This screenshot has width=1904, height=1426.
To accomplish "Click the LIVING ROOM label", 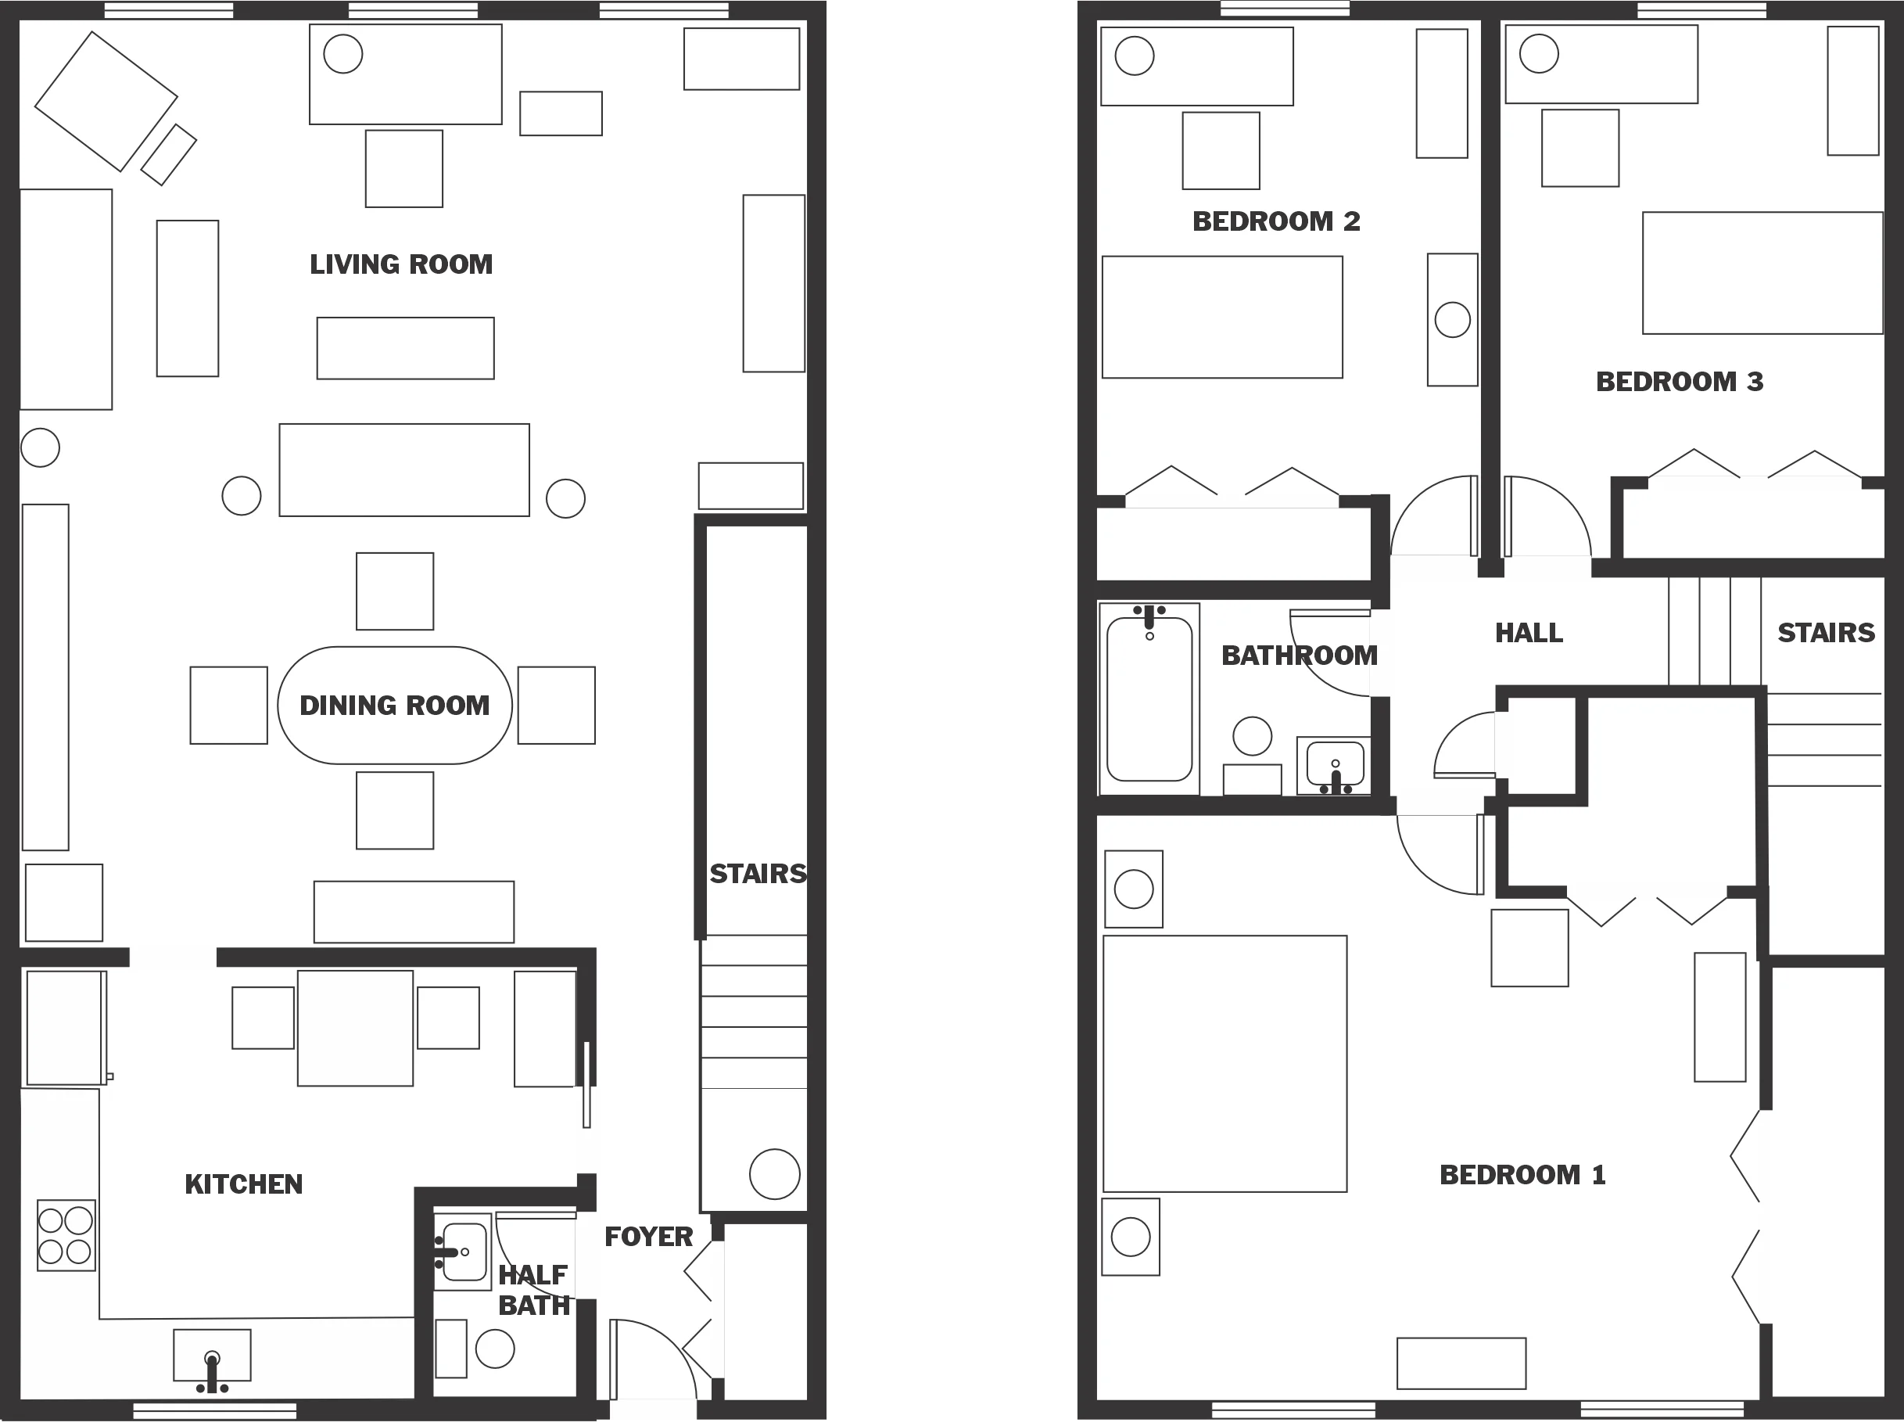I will coord(401,264).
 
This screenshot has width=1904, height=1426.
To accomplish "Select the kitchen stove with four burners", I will coord(66,1235).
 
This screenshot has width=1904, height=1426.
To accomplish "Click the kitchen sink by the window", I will coord(212,1355).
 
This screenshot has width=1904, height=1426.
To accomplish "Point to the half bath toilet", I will coord(494,1349).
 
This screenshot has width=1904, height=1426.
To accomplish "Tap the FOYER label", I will coord(648,1237).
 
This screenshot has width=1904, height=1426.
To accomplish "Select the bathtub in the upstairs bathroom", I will coord(1149,699).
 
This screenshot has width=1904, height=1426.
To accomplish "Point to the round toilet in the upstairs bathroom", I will coord(1253,736).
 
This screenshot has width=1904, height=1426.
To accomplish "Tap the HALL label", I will coord(1529,633).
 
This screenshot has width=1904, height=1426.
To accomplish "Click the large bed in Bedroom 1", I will coord(1224,1064).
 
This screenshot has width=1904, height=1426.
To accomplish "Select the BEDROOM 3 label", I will coord(1680,382).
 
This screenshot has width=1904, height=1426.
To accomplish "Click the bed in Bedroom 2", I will coord(1222,317).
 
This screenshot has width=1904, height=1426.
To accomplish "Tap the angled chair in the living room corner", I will coord(106,101).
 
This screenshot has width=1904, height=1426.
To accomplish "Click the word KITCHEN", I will coord(244,1185).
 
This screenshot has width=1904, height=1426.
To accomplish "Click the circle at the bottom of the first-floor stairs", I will coord(774,1173).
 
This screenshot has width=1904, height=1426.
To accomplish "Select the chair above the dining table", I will coord(394,591).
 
